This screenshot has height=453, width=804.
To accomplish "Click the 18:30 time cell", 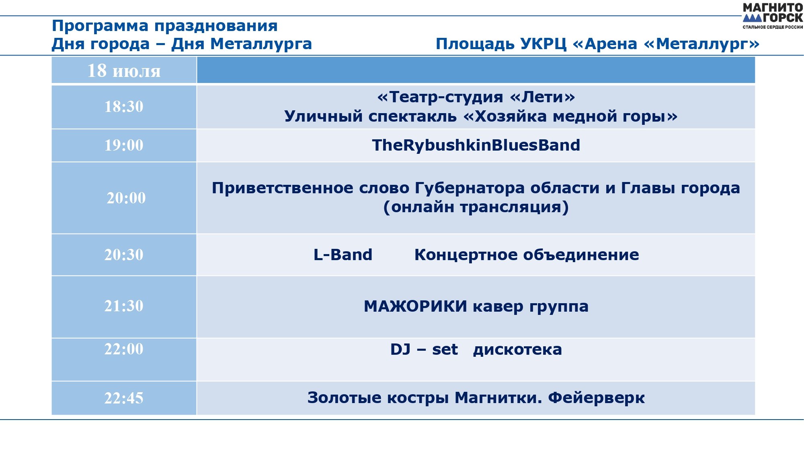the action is [124, 107].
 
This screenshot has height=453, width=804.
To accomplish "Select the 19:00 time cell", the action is [124, 145].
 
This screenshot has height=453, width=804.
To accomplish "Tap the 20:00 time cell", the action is [124, 198].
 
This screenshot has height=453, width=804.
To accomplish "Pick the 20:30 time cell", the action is [124, 255].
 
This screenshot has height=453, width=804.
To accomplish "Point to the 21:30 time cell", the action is [124, 306].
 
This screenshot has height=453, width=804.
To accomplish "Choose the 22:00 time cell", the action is [124, 359].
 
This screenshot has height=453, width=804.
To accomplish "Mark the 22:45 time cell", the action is [124, 398].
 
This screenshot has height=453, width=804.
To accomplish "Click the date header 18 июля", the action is [124, 70].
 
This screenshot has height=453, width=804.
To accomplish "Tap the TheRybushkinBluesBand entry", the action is [476, 145].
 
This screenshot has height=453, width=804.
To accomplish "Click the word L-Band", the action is [343, 255].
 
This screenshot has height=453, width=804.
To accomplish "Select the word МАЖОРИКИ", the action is [415, 306].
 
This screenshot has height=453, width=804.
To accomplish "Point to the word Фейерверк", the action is [597, 398].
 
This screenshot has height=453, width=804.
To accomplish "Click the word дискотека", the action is [517, 350].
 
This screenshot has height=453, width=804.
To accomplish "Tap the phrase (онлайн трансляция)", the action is [476, 207].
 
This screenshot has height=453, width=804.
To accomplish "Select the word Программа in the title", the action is [100, 26].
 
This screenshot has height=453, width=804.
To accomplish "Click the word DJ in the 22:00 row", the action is [400, 350].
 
